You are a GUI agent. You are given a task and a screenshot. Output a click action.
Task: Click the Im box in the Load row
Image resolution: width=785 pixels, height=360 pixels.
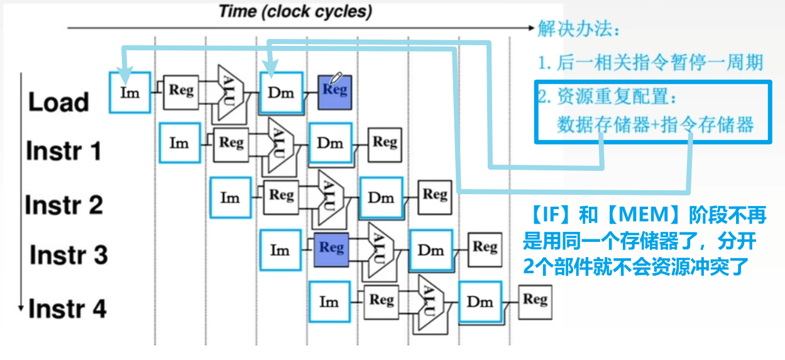tap(129, 92)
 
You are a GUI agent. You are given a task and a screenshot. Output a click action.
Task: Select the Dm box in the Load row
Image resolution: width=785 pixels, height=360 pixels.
tap(281, 92)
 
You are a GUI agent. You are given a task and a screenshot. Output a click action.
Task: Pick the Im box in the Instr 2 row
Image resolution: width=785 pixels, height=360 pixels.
tap(230, 197)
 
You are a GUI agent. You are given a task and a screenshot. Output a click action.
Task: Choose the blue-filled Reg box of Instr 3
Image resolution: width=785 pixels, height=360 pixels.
tap(331, 248)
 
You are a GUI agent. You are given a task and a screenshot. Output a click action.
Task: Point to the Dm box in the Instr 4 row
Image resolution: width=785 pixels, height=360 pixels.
tap(480, 302)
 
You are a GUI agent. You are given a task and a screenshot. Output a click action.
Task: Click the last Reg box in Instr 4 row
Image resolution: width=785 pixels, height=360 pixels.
tap(535, 300)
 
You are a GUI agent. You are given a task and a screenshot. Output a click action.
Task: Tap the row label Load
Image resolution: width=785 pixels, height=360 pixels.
tap(58, 103)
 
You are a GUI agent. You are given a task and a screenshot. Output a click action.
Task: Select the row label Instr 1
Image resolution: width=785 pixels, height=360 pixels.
tap(63, 151)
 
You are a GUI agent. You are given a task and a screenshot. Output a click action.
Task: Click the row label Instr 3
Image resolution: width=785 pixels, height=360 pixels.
tap(69, 255)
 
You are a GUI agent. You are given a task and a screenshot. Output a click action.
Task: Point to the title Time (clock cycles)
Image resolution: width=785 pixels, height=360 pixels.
tap(295, 12)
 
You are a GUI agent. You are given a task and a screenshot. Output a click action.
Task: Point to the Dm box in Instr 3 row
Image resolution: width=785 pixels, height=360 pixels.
tap(431, 250)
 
